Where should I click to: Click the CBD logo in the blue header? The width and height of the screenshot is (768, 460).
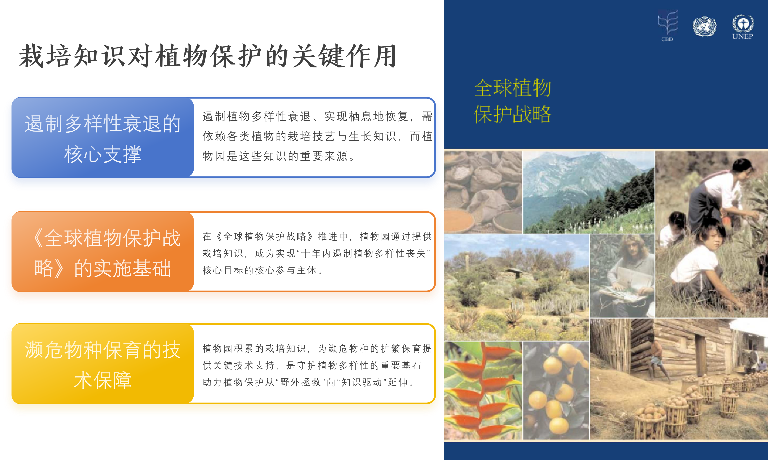point(668,26)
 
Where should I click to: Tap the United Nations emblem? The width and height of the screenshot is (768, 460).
point(705,26)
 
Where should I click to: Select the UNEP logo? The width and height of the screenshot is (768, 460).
point(743,27)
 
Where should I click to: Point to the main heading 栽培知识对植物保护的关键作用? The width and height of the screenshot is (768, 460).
point(208,56)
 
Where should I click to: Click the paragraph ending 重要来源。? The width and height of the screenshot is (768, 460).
point(317,136)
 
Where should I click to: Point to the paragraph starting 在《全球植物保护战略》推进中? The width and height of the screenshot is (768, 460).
point(317,253)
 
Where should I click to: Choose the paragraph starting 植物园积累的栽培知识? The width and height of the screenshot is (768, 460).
point(317,365)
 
